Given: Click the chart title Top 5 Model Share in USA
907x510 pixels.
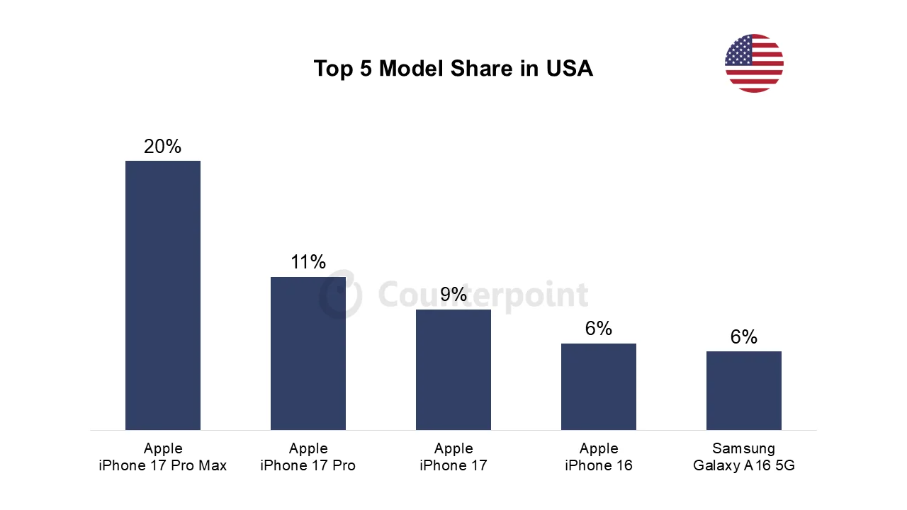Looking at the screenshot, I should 453,69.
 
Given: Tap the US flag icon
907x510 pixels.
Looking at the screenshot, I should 754,63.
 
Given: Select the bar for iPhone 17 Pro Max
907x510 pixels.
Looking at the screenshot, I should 163,295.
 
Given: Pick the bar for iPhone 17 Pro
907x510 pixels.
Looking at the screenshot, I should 308,353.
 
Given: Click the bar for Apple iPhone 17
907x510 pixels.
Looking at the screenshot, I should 453,369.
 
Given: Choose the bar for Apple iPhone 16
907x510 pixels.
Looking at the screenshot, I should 599,386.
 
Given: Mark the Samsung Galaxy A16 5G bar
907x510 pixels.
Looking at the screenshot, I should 744,390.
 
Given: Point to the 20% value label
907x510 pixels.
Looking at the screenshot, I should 162,147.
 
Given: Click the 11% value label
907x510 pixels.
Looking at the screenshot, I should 308,262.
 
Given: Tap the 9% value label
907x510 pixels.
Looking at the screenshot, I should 453,295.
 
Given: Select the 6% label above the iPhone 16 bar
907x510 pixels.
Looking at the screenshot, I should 599,329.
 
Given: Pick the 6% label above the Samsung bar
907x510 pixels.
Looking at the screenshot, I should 744,337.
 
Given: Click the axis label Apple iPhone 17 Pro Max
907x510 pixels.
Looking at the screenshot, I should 163,457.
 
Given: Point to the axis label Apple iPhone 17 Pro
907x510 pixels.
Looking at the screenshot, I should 308,457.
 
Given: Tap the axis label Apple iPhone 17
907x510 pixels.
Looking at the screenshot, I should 453,457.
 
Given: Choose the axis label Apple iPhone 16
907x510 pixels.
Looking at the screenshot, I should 599,457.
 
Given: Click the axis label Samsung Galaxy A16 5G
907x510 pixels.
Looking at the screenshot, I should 744,457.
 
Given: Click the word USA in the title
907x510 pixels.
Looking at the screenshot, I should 569,69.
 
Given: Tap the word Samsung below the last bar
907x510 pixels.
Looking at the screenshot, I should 744,448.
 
